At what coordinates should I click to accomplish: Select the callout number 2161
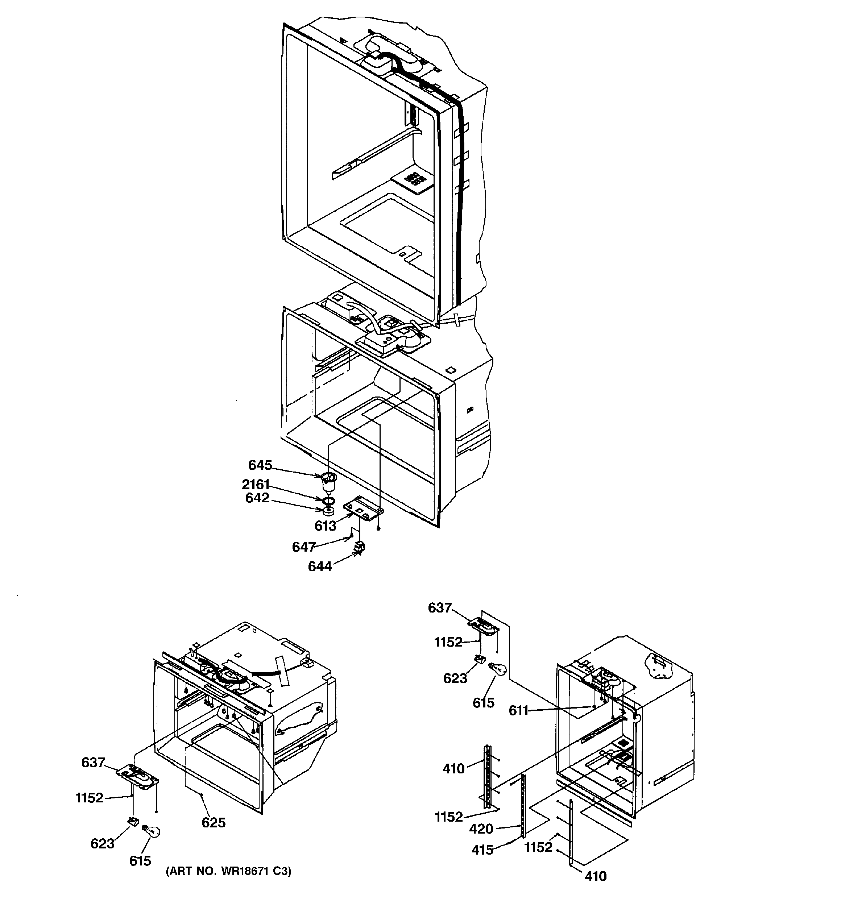pyautogui.click(x=256, y=485)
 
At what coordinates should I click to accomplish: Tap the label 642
pyautogui.click(x=257, y=498)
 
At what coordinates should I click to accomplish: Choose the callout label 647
pyautogui.click(x=303, y=547)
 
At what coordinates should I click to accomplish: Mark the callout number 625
pyautogui.click(x=214, y=823)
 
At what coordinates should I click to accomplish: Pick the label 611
pyautogui.click(x=518, y=711)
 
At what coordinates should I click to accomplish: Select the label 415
pyautogui.click(x=482, y=850)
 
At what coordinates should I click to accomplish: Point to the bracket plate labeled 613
pyautogui.click(x=364, y=508)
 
